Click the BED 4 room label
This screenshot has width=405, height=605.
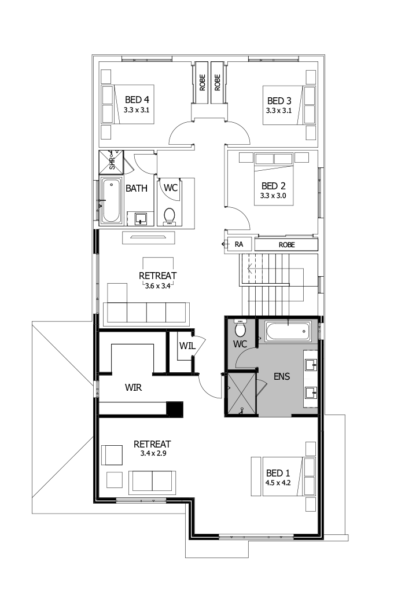(x=137, y=100)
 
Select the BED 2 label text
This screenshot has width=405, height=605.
(x=274, y=186)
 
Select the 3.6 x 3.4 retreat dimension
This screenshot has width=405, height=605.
(x=157, y=285)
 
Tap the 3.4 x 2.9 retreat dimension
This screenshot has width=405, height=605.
(x=153, y=453)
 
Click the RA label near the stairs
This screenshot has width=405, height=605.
(x=238, y=245)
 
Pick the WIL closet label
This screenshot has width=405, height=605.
(x=187, y=346)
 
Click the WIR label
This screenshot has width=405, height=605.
(x=134, y=387)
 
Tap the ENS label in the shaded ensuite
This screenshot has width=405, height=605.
(x=281, y=376)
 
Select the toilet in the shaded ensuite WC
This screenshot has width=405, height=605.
(x=240, y=329)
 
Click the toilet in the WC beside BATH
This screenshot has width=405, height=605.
(x=170, y=215)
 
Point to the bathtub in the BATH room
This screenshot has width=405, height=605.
(x=111, y=201)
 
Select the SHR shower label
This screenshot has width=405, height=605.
(x=112, y=162)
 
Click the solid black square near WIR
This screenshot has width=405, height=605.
(x=175, y=409)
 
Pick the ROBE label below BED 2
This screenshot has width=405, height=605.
(x=286, y=245)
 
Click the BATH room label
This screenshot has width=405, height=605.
(x=137, y=188)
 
